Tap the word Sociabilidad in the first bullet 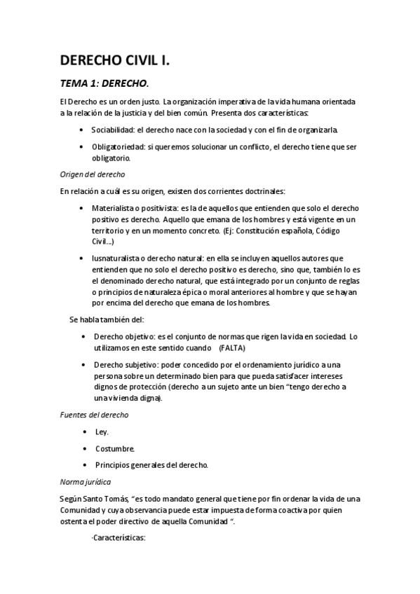click(115, 130)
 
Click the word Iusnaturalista click(118, 258)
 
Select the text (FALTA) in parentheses click(238, 347)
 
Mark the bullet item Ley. click(102, 431)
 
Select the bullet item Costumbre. click(115, 448)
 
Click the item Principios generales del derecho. click(151, 465)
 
